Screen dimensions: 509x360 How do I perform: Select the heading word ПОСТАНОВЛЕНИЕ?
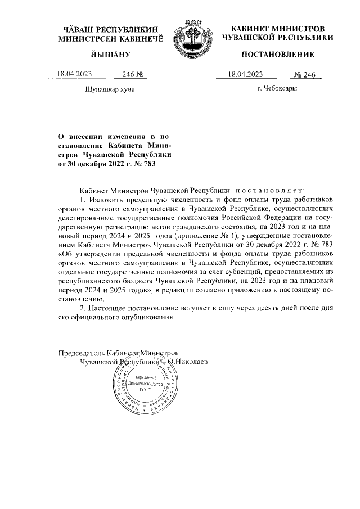point(277,55)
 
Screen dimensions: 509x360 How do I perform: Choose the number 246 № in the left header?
point(127,74)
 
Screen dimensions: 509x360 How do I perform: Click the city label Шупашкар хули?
point(110,89)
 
